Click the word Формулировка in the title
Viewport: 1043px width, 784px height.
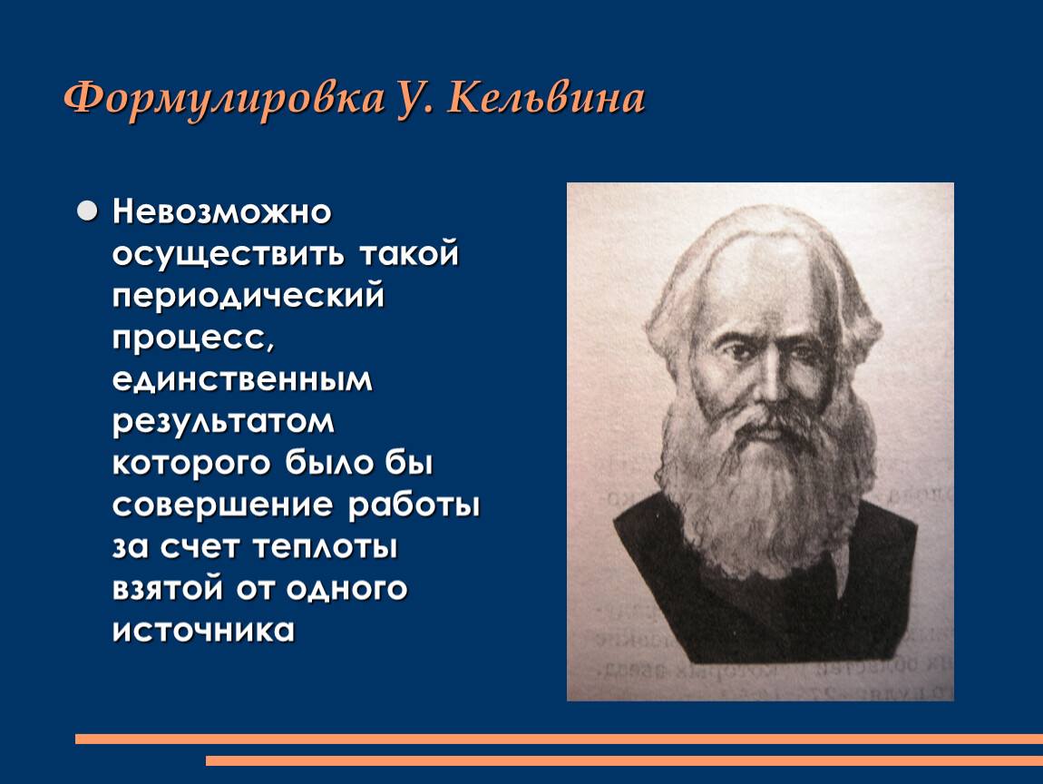[x=225, y=100]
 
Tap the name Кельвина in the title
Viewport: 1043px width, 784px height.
[x=546, y=99]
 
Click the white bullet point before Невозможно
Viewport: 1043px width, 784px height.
[x=87, y=211]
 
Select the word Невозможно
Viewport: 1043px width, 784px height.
[x=221, y=212]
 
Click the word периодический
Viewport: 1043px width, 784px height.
[x=249, y=296]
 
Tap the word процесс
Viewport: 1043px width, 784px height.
[x=193, y=338]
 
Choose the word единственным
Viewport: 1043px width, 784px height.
[x=242, y=380]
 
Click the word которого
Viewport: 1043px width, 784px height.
[x=191, y=464]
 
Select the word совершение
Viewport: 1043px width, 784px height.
[x=222, y=505]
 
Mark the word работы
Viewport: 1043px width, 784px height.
[x=414, y=505]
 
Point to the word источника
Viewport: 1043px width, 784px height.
[x=203, y=631]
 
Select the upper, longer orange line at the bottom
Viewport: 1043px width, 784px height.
[x=559, y=739]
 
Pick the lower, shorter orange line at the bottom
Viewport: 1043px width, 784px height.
[x=624, y=760]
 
